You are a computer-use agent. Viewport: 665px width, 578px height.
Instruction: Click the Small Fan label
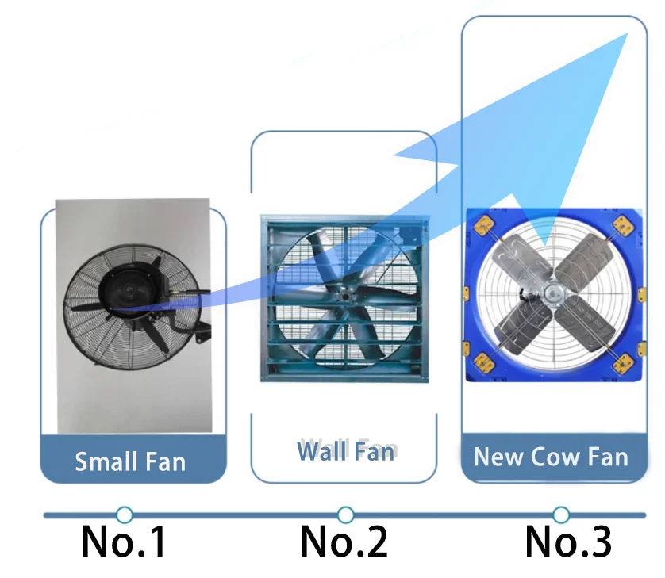(x=130, y=461)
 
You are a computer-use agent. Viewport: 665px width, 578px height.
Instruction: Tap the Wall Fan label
(x=345, y=451)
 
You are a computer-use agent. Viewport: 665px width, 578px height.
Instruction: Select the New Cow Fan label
(x=551, y=457)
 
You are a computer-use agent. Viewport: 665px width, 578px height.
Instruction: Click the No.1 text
(x=125, y=542)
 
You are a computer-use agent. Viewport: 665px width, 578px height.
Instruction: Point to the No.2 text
(x=344, y=542)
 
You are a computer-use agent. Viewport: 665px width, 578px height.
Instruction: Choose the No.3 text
(x=568, y=542)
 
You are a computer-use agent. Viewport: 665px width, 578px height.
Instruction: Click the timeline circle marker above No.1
(x=124, y=515)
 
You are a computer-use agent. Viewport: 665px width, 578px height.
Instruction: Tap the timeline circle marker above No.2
(x=344, y=515)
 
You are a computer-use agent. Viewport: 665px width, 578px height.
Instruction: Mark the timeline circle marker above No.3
(x=561, y=515)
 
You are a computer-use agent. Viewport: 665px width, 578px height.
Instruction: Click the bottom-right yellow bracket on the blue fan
(x=625, y=365)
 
